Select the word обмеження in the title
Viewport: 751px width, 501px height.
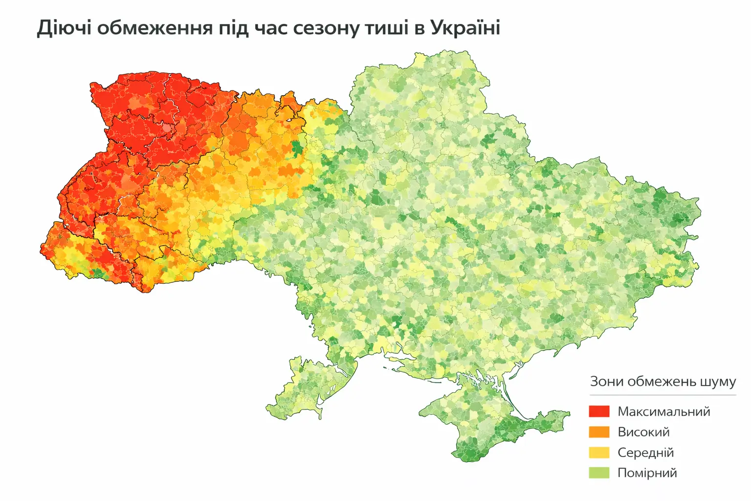pos(155,28)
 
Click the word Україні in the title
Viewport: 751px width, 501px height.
pos(465,28)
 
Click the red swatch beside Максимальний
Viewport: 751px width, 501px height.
pos(599,411)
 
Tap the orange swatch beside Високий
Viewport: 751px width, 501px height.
pos(599,432)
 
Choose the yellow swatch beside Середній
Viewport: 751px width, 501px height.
pos(599,453)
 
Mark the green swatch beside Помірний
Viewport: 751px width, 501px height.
pos(599,473)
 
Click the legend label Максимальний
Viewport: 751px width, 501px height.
pos(663,411)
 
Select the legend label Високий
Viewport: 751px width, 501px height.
pos(643,432)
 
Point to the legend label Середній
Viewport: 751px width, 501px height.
pos(645,453)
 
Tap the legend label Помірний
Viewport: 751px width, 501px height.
pos(647,473)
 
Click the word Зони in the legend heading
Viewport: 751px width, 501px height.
pos(606,382)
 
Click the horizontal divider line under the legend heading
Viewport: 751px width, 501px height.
pos(663,395)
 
